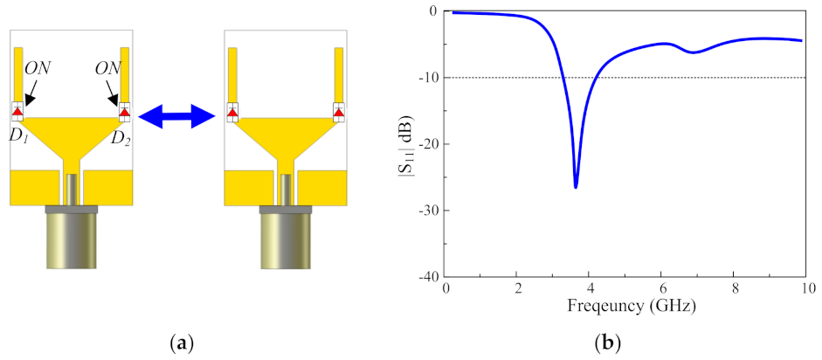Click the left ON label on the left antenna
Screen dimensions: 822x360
pos(38,69)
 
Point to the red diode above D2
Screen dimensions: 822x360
pos(124,112)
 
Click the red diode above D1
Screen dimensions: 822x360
pos(17,112)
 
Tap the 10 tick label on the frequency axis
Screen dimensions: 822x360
pos(805,289)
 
